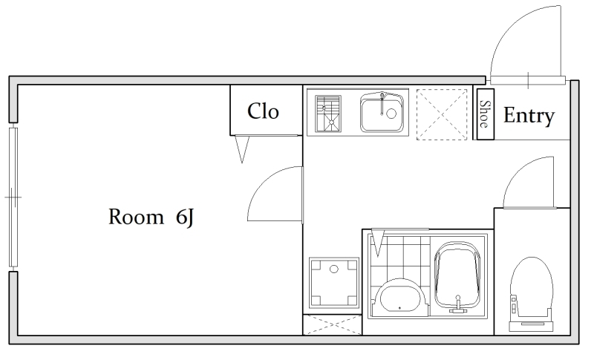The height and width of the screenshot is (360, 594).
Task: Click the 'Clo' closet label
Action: coord(263,111)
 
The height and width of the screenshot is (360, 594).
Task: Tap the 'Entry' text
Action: coord(529,116)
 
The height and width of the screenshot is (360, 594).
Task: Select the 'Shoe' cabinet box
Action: coord(486,114)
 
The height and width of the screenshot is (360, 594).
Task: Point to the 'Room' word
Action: coord(136,217)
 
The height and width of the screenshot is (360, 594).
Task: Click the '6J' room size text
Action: coord(185,217)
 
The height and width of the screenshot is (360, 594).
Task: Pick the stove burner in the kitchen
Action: coord(328,112)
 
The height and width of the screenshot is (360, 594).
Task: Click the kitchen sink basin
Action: coord(382,112)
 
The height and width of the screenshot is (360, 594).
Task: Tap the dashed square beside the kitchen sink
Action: coord(442,114)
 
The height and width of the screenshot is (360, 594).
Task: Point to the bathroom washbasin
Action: coord(399,296)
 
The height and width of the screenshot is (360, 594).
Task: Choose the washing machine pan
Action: coord(333,283)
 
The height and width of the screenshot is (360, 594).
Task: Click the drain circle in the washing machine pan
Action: coord(333,269)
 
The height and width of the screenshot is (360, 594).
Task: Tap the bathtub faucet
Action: coord(458,304)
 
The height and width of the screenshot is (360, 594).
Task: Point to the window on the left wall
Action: coord(13,197)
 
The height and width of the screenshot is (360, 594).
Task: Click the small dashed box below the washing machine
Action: coord(332,325)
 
